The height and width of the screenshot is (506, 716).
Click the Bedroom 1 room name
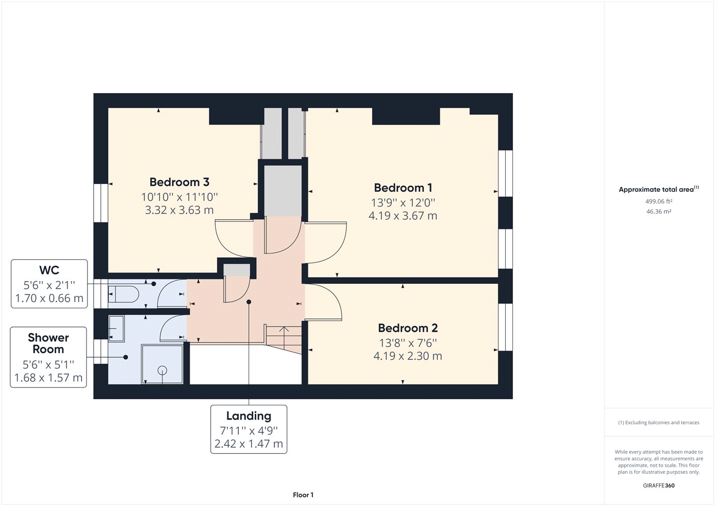tap(402, 188)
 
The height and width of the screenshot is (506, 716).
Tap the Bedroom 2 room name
tap(408, 328)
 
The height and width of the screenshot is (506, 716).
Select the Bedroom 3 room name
tap(179, 182)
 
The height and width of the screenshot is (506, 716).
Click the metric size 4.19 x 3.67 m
tap(402, 216)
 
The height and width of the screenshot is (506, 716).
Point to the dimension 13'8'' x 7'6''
tap(408, 343)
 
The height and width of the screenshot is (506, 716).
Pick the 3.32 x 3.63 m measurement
tap(179, 210)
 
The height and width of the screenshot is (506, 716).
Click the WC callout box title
tap(49, 270)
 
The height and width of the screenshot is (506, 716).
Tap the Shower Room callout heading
tap(49, 343)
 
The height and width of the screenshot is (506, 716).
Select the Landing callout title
tap(249, 416)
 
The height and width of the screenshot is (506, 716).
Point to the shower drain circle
tap(163, 370)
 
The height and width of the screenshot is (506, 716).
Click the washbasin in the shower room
tap(116, 328)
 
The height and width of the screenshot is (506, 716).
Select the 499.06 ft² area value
tap(658, 201)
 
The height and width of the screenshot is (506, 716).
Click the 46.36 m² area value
tap(658, 212)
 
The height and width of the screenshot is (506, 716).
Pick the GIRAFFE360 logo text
tap(658, 486)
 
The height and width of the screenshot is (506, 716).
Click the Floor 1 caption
tap(303, 495)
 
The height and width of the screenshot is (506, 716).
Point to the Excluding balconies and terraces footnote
tap(658, 423)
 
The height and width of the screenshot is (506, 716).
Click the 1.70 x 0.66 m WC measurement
tap(49, 298)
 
